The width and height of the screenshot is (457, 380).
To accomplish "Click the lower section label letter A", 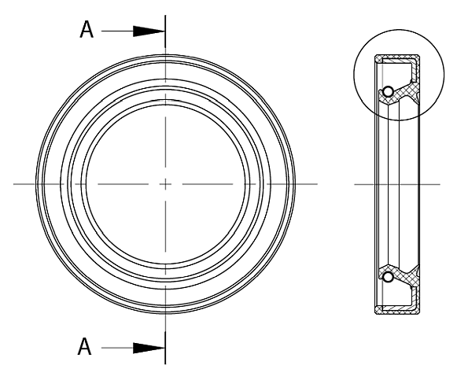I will pyautogui.click(x=89, y=347).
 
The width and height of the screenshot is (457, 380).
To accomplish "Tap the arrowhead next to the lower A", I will pyautogui.click(x=148, y=347).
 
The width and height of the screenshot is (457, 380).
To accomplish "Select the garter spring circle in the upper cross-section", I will pyautogui.click(x=387, y=92).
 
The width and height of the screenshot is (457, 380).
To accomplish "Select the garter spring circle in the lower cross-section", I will pyautogui.click(x=387, y=276).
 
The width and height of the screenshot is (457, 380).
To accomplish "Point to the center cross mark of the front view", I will pyautogui.click(x=165, y=184).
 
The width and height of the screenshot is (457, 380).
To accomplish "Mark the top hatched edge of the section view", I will pyautogui.click(x=397, y=57).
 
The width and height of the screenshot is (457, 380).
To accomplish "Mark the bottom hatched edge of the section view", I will pyautogui.click(x=397, y=312).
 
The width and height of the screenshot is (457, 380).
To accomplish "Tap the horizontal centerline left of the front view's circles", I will pyautogui.click(x=24, y=184).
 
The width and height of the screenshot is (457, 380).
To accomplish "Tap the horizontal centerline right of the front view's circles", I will pyautogui.click(x=307, y=184).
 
